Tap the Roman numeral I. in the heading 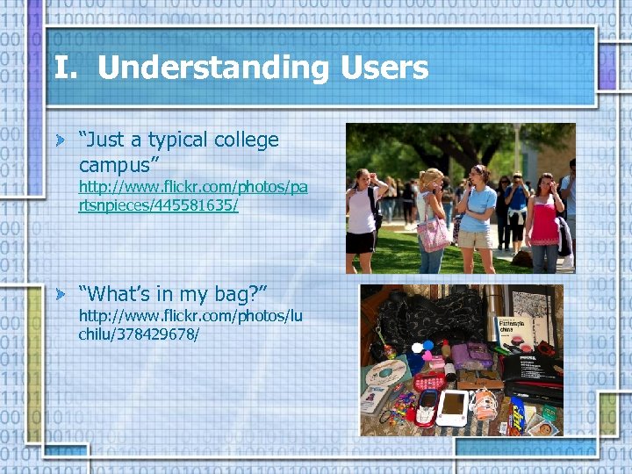(66, 68)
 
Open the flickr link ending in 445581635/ (193, 196)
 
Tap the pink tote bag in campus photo (433, 233)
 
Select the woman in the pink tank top (545, 219)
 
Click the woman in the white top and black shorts (361, 215)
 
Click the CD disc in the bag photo (386, 372)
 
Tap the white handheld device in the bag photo (453, 407)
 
